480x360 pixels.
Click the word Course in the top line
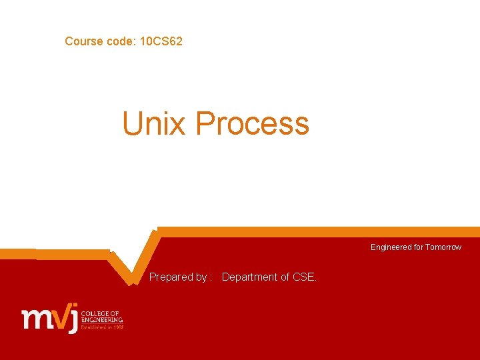point(83,41)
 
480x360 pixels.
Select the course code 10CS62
point(161,41)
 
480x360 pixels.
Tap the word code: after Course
point(121,41)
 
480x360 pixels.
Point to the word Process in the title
point(253,124)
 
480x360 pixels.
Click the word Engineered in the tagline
point(391,247)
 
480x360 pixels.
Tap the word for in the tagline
point(418,247)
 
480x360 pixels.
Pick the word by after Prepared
point(201,277)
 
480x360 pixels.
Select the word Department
point(250,277)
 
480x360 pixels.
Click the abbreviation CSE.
point(305,277)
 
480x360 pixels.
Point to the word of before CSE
point(285,277)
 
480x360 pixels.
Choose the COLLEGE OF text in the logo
point(100,313)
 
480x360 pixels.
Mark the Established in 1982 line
point(102,327)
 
